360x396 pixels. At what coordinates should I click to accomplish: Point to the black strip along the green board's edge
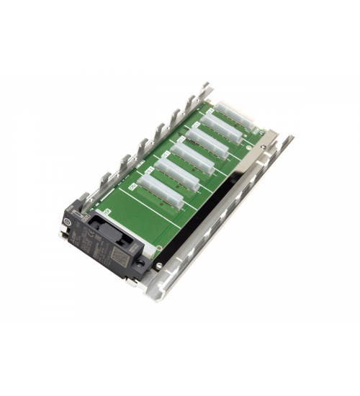(x=209, y=209)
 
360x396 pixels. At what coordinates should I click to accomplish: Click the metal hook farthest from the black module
(x=207, y=89)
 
